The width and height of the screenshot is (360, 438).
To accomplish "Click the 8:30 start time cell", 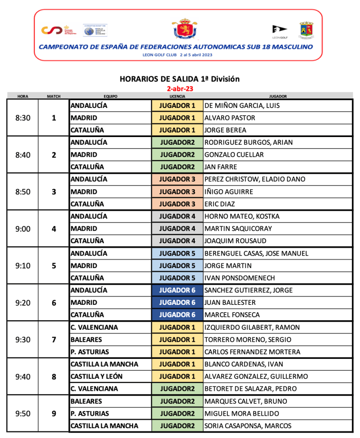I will tap(23, 118).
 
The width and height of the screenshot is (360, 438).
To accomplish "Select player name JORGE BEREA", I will tap(225, 130).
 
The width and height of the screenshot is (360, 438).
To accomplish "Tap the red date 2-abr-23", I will tap(180, 89).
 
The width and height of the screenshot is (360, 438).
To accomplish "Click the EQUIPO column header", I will tap(110, 96).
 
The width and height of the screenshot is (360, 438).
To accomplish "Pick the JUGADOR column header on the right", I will tap(278, 96).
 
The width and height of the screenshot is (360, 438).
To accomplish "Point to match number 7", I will tap(54, 340).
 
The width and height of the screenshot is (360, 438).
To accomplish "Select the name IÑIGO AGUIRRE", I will tap(229, 192).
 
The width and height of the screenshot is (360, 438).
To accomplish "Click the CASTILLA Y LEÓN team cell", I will tap(96, 376).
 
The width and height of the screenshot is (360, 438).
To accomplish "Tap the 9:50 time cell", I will tap(23, 414).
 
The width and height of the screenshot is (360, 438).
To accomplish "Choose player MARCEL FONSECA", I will tap(232, 315).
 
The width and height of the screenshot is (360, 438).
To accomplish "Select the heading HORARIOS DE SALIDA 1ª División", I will tap(179, 79).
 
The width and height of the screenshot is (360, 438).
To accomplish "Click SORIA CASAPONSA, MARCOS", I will tap(248, 426).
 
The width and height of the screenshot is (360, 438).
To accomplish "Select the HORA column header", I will tap(23, 96).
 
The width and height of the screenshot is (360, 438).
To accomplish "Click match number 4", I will tap(54, 229).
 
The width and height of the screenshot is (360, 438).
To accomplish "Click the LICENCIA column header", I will tap(177, 96).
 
